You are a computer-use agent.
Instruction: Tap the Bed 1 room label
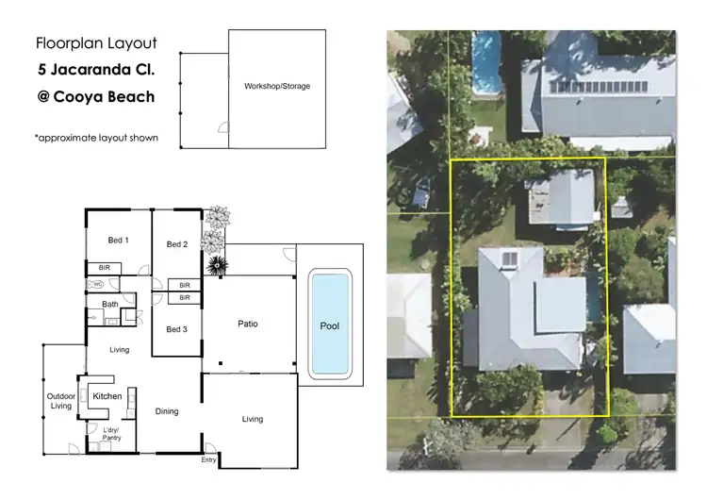coord(118,242)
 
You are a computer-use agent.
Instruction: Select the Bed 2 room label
coord(177,244)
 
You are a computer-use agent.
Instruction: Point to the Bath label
coord(110,304)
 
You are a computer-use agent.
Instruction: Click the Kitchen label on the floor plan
coord(107,396)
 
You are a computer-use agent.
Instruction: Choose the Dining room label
coord(166,411)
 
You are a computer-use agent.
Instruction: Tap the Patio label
coord(248,324)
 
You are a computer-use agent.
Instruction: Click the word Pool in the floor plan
coord(330,326)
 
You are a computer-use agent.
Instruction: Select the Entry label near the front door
coord(208,460)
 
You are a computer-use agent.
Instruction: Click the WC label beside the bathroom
coord(97,284)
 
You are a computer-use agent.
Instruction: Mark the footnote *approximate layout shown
coord(95,138)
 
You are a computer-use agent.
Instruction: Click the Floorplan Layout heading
coord(95,42)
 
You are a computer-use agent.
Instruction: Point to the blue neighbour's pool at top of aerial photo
coord(486,59)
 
